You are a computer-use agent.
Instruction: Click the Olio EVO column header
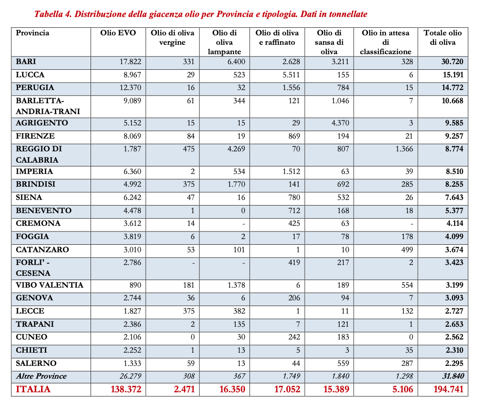pos(118,33)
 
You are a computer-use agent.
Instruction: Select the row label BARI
pos(26,62)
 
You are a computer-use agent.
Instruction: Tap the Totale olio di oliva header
pos(442,37)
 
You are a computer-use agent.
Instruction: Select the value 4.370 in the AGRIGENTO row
pos(340,123)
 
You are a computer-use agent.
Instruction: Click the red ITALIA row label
pos(33,389)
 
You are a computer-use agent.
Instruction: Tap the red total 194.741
pos(448,389)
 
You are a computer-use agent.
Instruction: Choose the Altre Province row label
pos(41,376)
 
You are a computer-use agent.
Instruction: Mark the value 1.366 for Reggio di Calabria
pos(403,149)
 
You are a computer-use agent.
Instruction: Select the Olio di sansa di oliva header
pos(329,42)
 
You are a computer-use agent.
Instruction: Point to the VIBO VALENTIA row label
pos(49,285)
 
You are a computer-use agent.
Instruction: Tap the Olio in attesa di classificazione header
pos(386,42)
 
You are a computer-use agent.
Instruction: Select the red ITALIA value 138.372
pos(124,389)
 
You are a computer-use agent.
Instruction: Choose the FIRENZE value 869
pos(293,136)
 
